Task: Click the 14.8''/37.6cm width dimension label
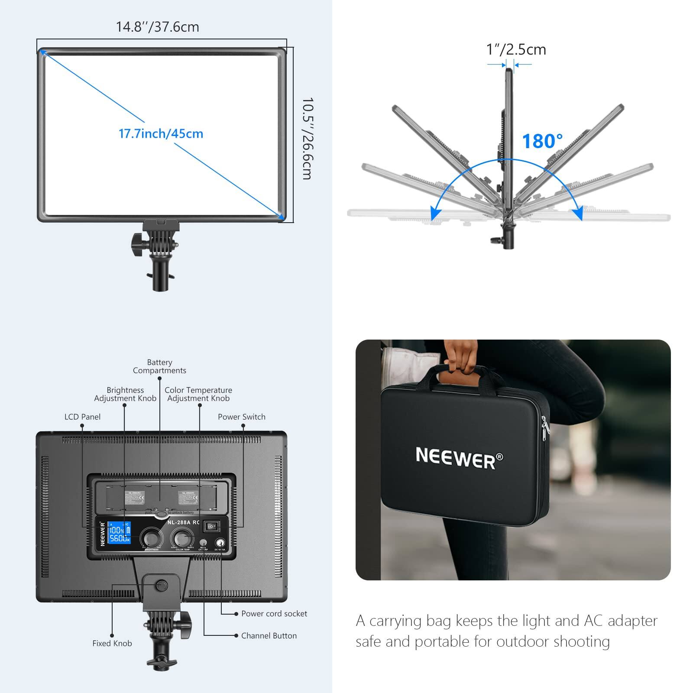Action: pyautogui.click(x=157, y=27)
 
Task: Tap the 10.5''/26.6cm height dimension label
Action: pyautogui.click(x=307, y=139)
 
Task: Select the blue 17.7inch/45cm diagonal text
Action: pyautogui.click(x=161, y=133)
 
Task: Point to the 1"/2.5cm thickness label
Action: pyautogui.click(x=516, y=50)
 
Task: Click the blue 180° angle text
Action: pyautogui.click(x=542, y=141)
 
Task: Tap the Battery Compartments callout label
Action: pyautogui.click(x=159, y=366)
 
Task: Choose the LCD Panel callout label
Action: pyautogui.click(x=82, y=417)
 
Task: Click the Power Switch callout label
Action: pyautogui.click(x=241, y=417)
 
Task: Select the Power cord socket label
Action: pyautogui.click(x=274, y=613)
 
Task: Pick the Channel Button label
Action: pyautogui.click(x=269, y=635)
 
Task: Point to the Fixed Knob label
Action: pyautogui.click(x=112, y=643)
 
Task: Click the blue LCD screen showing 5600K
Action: pyautogui.click(x=119, y=533)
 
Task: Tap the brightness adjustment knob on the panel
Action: pyautogui.click(x=152, y=538)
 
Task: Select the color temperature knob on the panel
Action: pyautogui.click(x=182, y=538)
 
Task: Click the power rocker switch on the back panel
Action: pyautogui.click(x=212, y=526)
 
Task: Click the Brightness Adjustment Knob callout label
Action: pyautogui.click(x=125, y=394)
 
